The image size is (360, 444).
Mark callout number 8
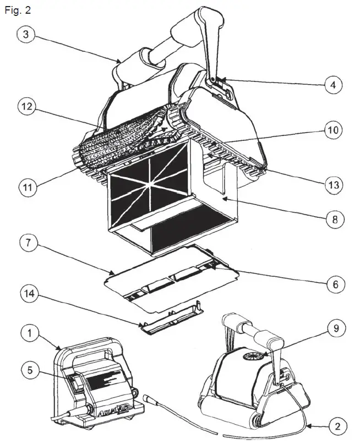[333, 218]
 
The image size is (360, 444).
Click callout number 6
[333, 284]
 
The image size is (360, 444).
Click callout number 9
[333, 329]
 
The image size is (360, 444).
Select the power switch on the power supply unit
[73, 380]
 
